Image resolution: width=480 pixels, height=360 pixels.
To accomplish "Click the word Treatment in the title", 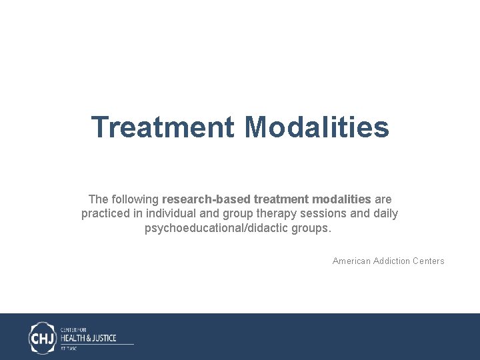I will click(x=163, y=127).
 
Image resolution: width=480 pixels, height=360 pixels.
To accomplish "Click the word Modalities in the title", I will click(x=317, y=127).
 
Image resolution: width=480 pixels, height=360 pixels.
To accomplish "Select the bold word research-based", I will click(x=206, y=199).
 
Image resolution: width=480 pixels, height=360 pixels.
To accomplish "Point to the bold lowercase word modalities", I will click(x=339, y=199).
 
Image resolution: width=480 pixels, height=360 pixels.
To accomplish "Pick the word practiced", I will click(x=105, y=214).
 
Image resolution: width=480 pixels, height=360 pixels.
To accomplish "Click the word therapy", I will click(x=273, y=214).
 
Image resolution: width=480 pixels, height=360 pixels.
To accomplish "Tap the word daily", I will click(x=385, y=214).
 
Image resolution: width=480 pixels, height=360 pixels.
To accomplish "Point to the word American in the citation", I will click(x=352, y=261).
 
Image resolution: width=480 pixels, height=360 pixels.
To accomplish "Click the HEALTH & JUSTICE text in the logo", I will click(x=88, y=338).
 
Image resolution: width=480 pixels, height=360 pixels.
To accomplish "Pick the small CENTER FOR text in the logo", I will click(x=73, y=329).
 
